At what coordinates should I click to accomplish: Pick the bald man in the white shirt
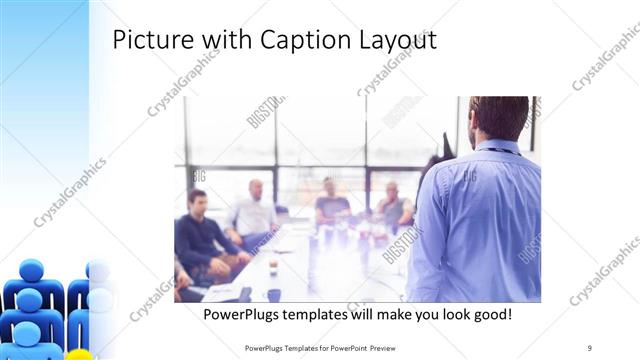(x=254, y=211)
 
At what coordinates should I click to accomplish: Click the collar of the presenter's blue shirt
(x=498, y=147)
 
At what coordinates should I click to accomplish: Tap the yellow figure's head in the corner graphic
(x=79, y=355)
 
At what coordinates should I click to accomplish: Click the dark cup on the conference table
(x=273, y=294)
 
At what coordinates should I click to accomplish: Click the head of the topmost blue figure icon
(x=32, y=271)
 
